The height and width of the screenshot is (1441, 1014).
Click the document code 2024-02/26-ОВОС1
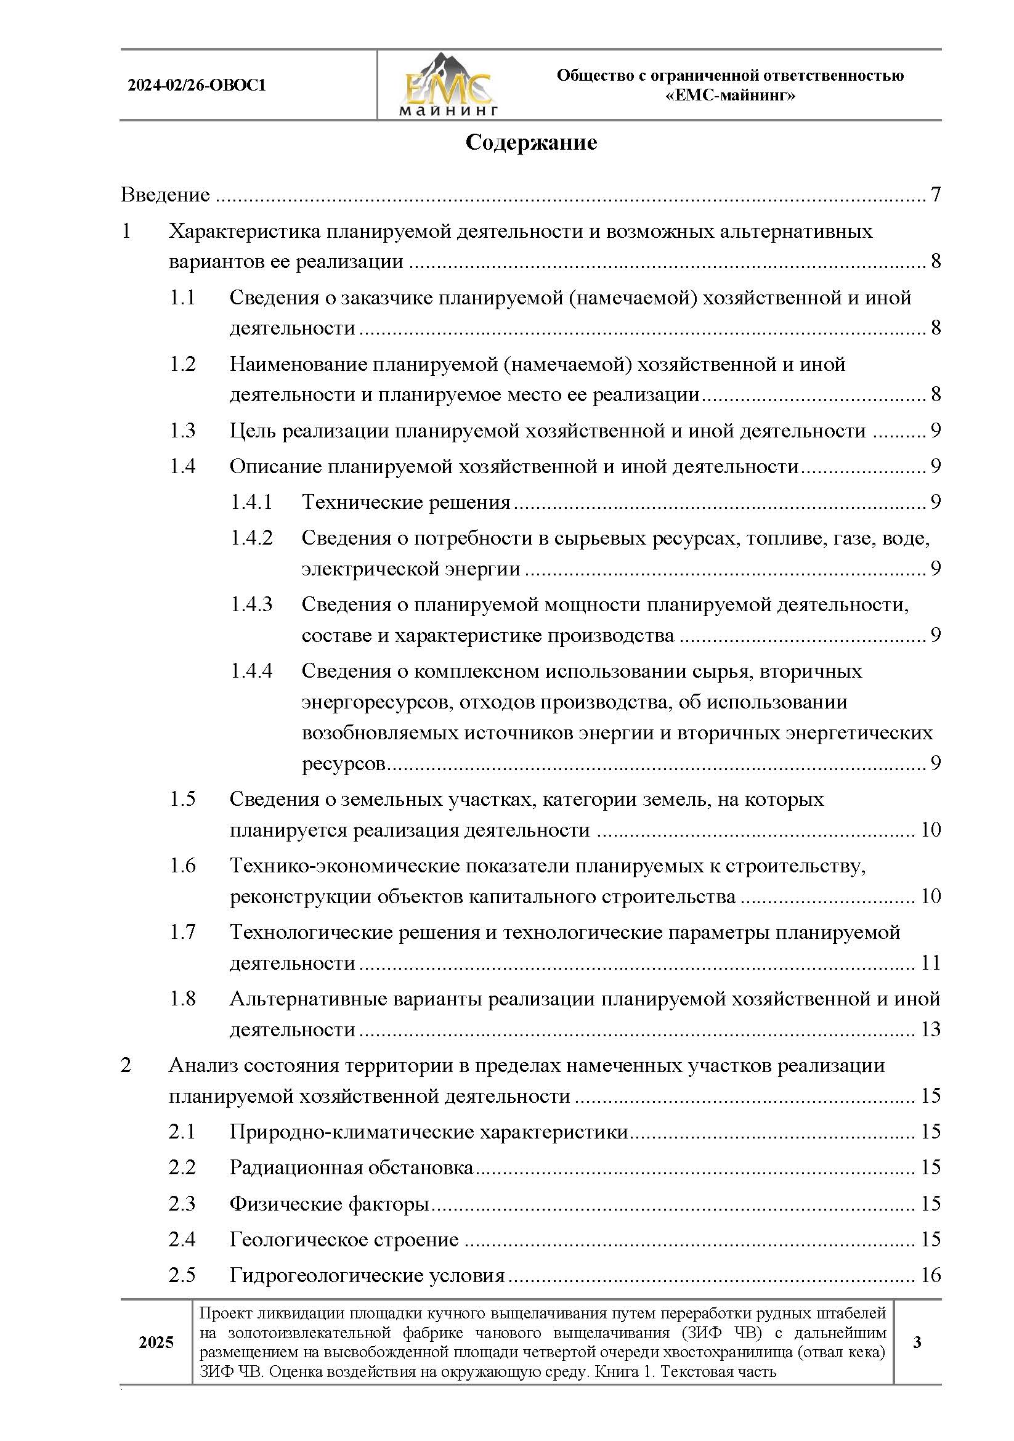click(197, 85)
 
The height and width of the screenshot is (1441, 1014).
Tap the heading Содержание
click(531, 142)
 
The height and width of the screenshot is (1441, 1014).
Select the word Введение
click(165, 195)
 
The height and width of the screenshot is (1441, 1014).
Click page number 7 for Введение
click(935, 195)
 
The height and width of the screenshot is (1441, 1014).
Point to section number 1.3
click(182, 431)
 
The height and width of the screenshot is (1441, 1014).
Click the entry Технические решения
click(406, 502)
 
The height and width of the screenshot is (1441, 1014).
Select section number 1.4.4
click(251, 671)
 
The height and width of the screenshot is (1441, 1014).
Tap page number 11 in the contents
click(930, 963)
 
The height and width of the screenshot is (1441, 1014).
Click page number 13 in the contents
click(930, 1029)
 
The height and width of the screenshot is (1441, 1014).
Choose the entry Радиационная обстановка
click(351, 1167)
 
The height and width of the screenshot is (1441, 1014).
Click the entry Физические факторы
click(329, 1204)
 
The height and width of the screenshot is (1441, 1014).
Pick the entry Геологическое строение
click(344, 1240)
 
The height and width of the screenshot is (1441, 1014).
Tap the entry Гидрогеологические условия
click(367, 1275)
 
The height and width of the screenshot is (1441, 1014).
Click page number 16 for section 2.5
click(930, 1275)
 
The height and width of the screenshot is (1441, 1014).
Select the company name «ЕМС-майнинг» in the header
click(730, 95)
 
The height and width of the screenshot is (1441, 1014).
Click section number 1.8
click(182, 999)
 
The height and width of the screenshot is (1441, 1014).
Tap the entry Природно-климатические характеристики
click(429, 1132)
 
